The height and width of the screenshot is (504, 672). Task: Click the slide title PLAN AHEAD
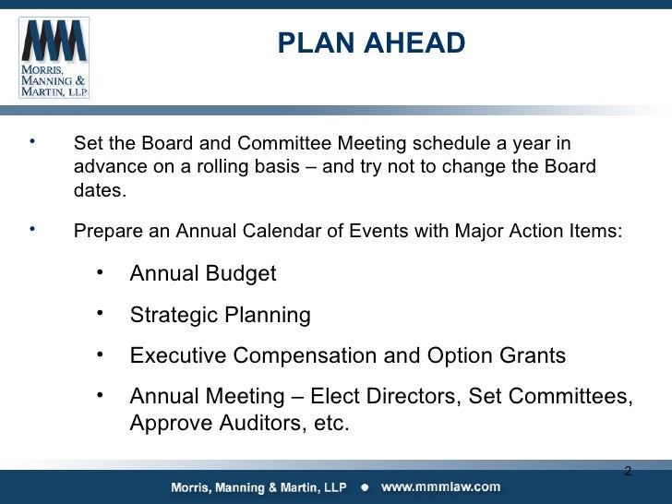click(371, 43)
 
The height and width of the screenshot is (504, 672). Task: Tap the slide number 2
click(628, 472)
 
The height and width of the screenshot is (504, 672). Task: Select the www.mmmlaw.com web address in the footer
click(441, 487)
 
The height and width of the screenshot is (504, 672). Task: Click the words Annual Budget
click(203, 274)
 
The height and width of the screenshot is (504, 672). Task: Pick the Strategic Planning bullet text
click(220, 315)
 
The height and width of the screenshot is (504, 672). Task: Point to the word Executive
click(178, 355)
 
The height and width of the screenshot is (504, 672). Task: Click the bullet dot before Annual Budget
click(100, 272)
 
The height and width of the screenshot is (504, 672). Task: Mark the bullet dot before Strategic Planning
click(100, 313)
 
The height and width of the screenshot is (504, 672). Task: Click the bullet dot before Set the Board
click(32, 142)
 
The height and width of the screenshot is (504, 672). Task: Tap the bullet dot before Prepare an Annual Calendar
click(32, 228)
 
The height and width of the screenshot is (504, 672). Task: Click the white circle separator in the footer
click(365, 487)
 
